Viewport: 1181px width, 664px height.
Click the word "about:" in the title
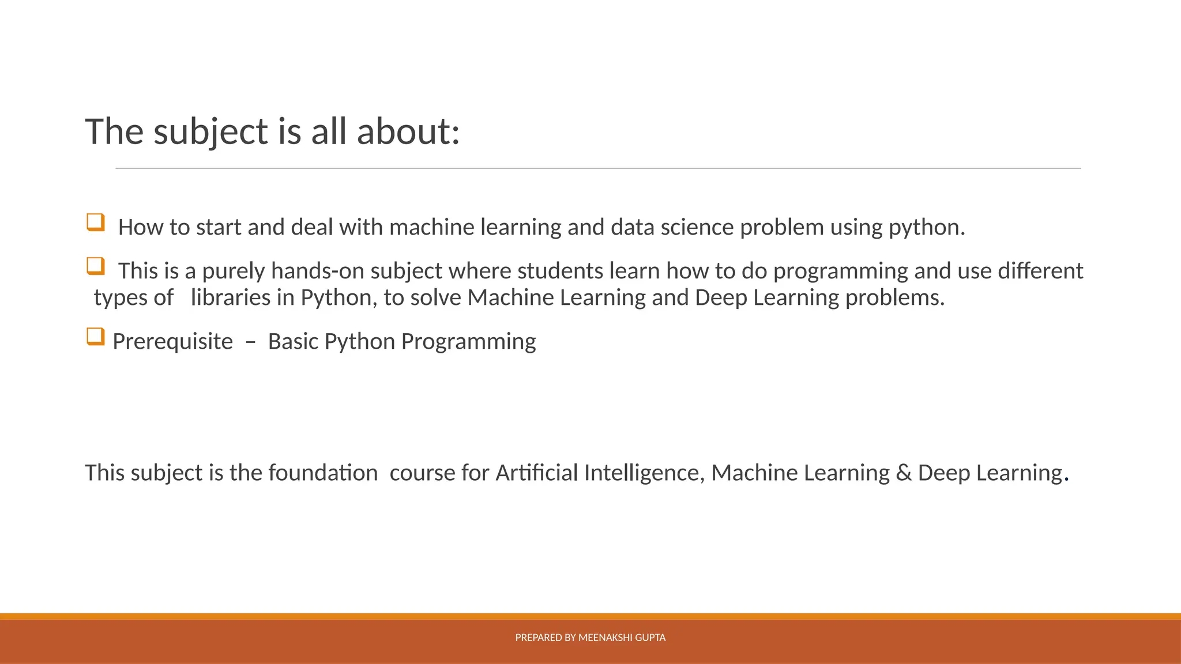tap(408, 131)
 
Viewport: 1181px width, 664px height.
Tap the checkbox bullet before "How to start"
tap(96, 222)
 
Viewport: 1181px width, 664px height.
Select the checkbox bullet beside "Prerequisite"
tap(96, 336)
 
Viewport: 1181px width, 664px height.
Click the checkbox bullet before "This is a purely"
tap(96, 266)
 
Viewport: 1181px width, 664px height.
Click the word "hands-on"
tap(317, 271)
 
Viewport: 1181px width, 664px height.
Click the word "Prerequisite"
tap(172, 341)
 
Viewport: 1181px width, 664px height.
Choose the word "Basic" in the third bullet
tap(293, 341)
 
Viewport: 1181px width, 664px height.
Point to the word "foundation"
tap(323, 473)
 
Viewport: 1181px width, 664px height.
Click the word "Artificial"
tap(536, 473)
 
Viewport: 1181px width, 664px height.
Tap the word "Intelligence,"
tap(644, 473)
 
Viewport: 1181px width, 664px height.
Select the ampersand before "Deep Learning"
tap(904, 473)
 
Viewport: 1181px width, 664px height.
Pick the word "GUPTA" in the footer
tap(651, 637)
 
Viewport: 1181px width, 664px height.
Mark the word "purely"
tap(233, 271)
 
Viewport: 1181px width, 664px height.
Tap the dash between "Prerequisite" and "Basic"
tap(250, 341)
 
